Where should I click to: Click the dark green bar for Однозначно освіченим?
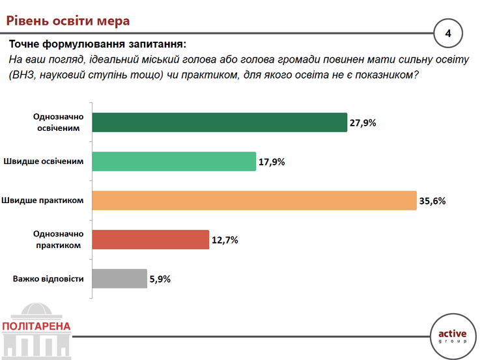coord(220,122)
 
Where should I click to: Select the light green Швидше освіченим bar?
coord(174,161)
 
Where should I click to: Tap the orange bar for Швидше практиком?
coord(255,201)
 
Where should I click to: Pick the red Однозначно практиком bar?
coord(150,240)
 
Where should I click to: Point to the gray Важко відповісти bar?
coord(120,279)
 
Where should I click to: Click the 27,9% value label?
coord(363,123)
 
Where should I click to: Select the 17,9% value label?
coord(272,162)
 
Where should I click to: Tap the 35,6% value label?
coord(432,201)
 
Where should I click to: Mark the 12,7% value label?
coord(225,240)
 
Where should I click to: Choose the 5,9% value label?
coord(160,279)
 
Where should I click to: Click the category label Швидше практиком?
coord(42,201)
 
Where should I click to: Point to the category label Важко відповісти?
coord(48,279)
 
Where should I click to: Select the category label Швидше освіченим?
coord(44,161)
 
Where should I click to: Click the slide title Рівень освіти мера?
coord(68,21)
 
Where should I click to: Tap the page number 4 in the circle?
coord(448,33)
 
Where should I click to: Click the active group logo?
coord(453,337)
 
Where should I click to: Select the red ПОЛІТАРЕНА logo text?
coord(36,326)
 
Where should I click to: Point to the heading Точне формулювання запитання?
coord(98,44)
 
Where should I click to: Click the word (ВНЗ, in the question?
coord(22,75)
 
